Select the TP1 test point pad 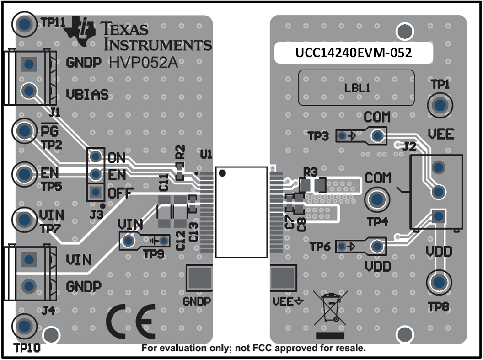pyautogui.click(x=440, y=105)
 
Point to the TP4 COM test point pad pyautogui.click(x=377, y=199)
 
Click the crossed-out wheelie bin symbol pyautogui.click(x=330, y=306)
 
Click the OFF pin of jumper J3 pyautogui.click(x=95, y=192)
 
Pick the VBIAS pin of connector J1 pyautogui.click(x=29, y=90)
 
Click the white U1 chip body pyautogui.click(x=241, y=212)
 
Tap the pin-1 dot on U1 pyautogui.click(x=222, y=173)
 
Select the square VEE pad pyautogui.click(x=284, y=278)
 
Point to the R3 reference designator pyautogui.click(x=311, y=172)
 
